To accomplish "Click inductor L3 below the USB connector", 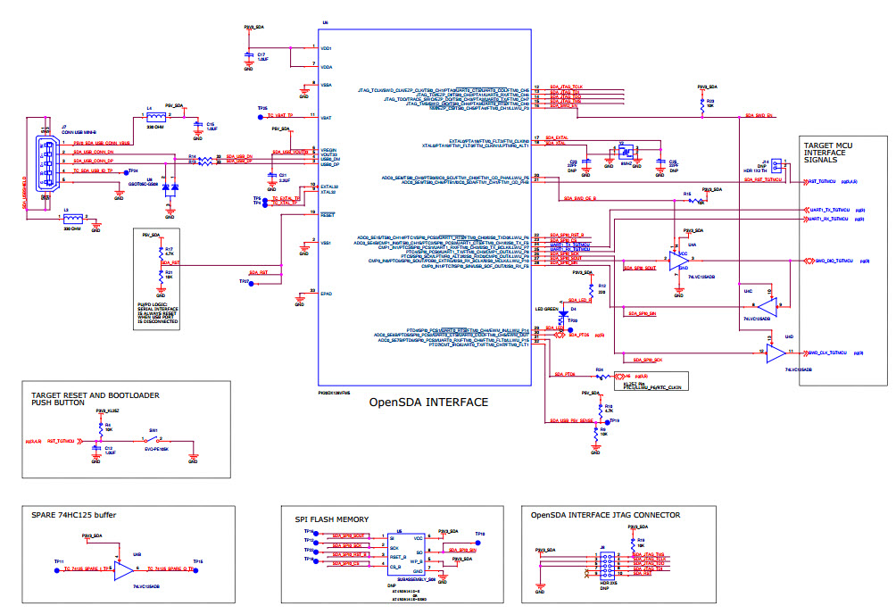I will click(73, 218).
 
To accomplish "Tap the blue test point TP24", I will click(124, 170).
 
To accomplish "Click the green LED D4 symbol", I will click(562, 312).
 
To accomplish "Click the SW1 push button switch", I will click(154, 441).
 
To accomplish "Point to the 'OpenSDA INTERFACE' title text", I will click(428, 402).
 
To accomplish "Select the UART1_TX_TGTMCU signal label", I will click(831, 210).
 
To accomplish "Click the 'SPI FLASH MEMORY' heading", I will click(331, 519).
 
